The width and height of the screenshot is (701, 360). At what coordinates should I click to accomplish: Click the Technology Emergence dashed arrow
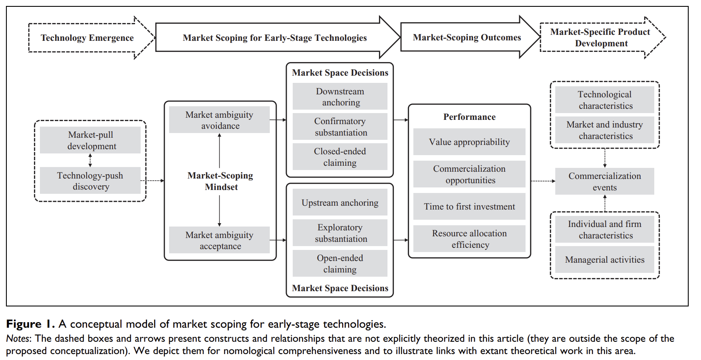tap(87, 38)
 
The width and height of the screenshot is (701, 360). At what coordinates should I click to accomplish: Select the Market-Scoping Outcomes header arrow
tap(467, 37)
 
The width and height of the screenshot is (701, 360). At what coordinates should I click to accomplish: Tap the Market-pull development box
tap(90, 140)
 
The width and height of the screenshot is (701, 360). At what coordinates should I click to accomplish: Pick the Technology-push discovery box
tap(90, 181)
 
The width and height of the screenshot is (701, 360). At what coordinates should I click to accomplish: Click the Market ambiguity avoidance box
tap(220, 120)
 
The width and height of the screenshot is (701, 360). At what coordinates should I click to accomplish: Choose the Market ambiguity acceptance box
tap(220, 240)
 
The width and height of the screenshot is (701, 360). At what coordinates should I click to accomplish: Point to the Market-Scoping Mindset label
tap(220, 181)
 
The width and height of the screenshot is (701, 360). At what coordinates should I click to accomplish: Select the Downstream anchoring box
tap(340, 96)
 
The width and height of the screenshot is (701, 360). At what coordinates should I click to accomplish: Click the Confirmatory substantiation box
tap(340, 127)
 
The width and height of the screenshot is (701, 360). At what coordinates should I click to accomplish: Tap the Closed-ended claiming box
tap(340, 157)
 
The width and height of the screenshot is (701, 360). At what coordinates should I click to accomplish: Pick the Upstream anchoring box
tap(340, 203)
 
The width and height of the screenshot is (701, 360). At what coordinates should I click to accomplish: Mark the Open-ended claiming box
tap(340, 264)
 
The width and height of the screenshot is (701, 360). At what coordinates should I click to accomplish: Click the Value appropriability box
tap(469, 142)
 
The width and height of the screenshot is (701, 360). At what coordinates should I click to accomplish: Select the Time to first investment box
tap(469, 207)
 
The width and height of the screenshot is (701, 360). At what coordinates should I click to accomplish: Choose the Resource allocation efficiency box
tap(469, 239)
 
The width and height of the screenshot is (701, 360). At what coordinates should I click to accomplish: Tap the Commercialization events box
tap(605, 181)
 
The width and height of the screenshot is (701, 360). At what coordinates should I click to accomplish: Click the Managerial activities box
tap(605, 260)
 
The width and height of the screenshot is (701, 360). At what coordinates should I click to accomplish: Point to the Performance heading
tap(469, 117)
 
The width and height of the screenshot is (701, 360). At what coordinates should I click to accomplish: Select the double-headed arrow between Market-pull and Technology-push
tap(90, 160)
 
